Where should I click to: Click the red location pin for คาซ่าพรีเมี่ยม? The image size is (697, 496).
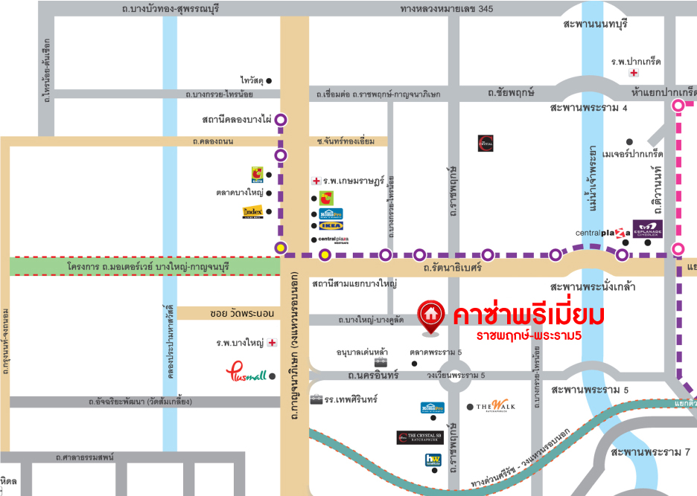430,315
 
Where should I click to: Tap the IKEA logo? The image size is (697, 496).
331,225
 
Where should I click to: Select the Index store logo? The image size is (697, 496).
252,213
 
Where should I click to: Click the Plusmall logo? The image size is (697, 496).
245,373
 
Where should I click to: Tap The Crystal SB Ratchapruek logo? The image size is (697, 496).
420,437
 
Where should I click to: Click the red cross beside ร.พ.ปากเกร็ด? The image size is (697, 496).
634,73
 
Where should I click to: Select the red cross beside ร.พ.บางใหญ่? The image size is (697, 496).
273,344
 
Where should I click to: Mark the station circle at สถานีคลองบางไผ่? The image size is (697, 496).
281,119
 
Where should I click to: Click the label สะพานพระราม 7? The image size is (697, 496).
650,452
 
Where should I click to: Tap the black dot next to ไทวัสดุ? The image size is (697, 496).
269,80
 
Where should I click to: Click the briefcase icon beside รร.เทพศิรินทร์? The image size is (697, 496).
316,400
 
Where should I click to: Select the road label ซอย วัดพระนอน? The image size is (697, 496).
234,314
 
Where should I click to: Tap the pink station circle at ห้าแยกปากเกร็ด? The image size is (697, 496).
678,106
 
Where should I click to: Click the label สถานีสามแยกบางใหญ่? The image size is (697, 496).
354,283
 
